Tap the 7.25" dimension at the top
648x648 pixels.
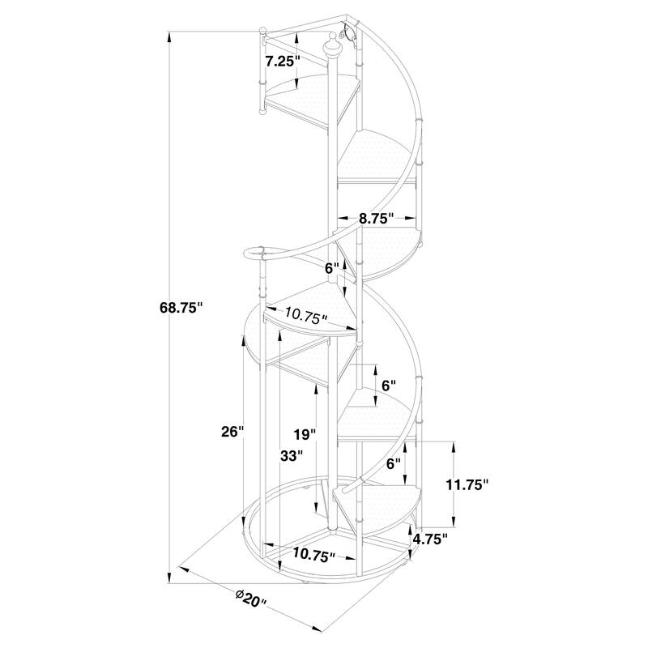tap(282, 62)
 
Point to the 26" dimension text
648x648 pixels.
tap(232, 432)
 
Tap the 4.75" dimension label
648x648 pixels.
tap(430, 539)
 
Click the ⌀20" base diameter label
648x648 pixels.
tap(252, 600)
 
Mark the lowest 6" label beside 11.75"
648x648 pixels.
tap(394, 464)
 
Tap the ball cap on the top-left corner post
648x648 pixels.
tap(262, 32)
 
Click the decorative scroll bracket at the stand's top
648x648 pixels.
tap(351, 33)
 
